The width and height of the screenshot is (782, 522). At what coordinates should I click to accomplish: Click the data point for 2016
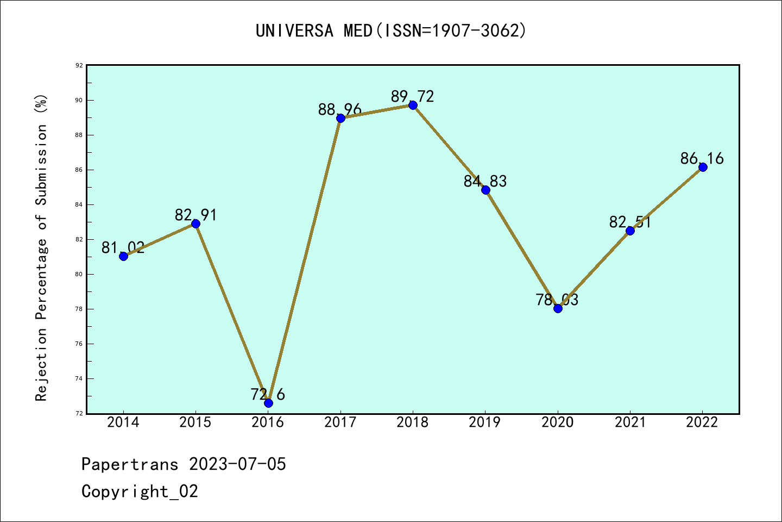click(x=268, y=403)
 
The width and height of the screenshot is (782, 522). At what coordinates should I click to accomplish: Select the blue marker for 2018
click(x=413, y=105)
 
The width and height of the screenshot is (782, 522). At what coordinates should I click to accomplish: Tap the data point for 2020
click(x=558, y=308)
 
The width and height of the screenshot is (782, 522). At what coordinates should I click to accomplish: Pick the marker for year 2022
click(x=703, y=167)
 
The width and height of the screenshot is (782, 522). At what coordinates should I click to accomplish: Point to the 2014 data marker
click(x=123, y=256)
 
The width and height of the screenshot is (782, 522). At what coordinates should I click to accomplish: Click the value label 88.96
click(x=340, y=110)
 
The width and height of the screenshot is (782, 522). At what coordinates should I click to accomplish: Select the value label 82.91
click(x=195, y=215)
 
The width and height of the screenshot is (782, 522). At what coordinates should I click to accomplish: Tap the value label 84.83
click(x=485, y=182)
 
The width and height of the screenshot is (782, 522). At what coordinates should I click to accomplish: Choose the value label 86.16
click(x=702, y=159)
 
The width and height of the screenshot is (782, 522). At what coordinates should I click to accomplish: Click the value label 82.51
click(x=630, y=222)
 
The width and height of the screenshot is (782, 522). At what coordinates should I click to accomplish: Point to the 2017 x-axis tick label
click(x=340, y=422)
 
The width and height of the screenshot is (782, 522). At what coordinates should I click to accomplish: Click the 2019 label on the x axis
click(x=485, y=422)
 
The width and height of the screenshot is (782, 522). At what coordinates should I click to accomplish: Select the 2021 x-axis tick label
click(x=630, y=422)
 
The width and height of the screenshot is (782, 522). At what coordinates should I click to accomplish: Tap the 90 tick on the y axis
click(x=79, y=100)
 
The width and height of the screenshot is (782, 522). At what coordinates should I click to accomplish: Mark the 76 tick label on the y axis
click(x=79, y=344)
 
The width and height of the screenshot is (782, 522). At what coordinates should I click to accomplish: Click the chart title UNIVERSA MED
click(x=391, y=31)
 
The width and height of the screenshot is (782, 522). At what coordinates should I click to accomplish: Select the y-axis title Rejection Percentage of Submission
click(x=42, y=247)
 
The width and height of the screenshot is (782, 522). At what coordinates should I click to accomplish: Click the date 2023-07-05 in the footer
click(x=237, y=464)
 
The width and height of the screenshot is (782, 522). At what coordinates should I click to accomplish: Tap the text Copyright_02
click(x=140, y=492)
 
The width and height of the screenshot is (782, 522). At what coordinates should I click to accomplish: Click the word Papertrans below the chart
click(x=130, y=464)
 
